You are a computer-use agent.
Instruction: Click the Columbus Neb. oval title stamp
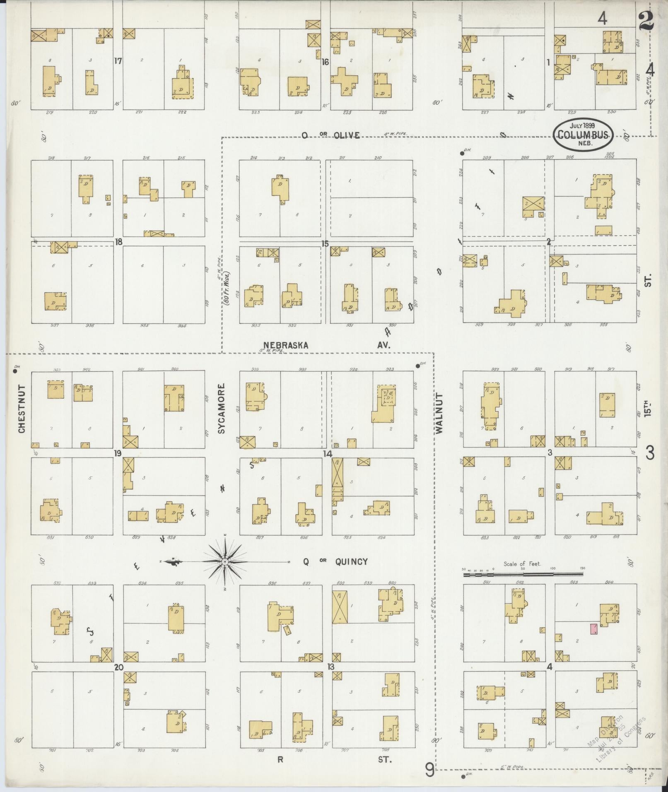(x=584, y=134)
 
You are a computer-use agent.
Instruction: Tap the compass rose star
(x=224, y=562)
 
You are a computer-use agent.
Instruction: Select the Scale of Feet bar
(x=523, y=575)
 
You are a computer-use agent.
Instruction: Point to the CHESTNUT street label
(x=22, y=409)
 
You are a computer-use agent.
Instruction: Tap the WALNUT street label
(x=439, y=414)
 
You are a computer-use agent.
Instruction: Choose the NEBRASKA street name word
(x=286, y=345)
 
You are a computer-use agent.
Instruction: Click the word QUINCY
(x=351, y=561)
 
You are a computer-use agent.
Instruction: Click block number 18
(x=118, y=241)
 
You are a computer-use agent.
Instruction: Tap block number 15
(x=325, y=243)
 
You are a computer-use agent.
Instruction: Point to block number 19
(x=118, y=453)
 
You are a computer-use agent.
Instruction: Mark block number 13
(x=330, y=667)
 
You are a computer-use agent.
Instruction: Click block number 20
(x=119, y=667)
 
